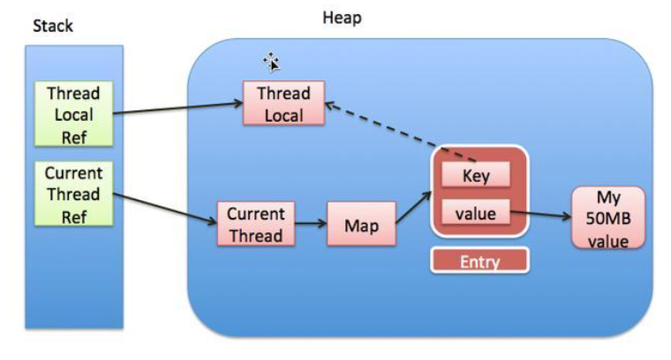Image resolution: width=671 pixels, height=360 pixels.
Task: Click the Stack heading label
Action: (x=53, y=26)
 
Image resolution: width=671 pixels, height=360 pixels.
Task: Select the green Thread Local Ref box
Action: (x=73, y=114)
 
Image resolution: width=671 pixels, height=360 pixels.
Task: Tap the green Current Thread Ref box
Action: (x=73, y=194)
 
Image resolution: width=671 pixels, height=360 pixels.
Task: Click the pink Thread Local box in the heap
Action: (x=283, y=103)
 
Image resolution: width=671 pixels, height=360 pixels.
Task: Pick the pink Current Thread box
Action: (x=255, y=224)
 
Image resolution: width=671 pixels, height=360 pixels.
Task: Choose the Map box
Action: (x=360, y=226)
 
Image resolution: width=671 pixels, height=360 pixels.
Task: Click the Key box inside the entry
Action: (x=476, y=175)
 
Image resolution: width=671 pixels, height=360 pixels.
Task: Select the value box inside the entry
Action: (x=476, y=213)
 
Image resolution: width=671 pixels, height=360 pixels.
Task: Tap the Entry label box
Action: (x=479, y=260)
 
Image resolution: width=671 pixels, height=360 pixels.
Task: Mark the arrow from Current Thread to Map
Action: (x=310, y=225)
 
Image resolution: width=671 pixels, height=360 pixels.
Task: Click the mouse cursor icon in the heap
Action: (x=271, y=61)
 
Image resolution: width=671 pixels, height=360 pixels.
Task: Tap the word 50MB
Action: (x=608, y=219)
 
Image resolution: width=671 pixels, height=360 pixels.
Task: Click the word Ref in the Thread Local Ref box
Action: (x=73, y=135)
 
